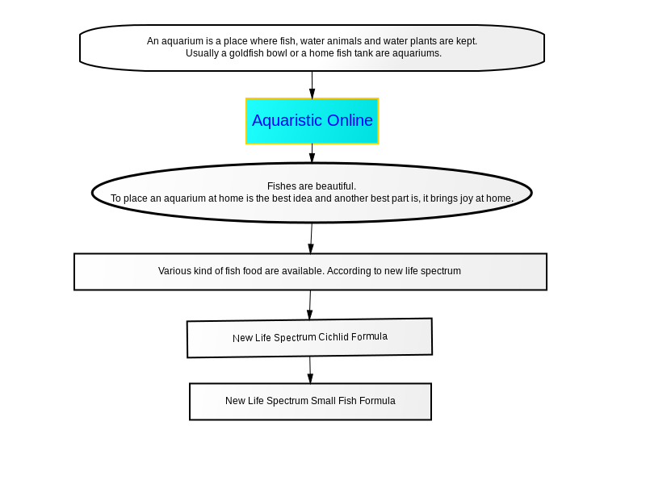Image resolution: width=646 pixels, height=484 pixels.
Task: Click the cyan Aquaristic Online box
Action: [x=312, y=121]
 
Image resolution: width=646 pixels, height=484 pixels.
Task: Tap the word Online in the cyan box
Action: [x=350, y=120]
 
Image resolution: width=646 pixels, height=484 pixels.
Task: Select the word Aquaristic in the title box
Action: [x=287, y=120]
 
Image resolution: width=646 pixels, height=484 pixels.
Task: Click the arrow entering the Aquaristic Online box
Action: [x=312, y=85]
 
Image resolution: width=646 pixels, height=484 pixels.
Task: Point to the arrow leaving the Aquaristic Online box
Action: [x=312, y=153]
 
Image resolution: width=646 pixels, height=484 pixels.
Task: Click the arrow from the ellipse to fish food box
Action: [x=311, y=238]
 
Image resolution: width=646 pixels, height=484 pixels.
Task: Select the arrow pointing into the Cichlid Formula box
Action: [x=310, y=305]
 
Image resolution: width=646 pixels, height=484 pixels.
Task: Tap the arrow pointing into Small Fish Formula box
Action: [x=310, y=370]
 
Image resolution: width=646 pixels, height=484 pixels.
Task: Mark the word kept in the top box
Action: [x=467, y=41]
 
